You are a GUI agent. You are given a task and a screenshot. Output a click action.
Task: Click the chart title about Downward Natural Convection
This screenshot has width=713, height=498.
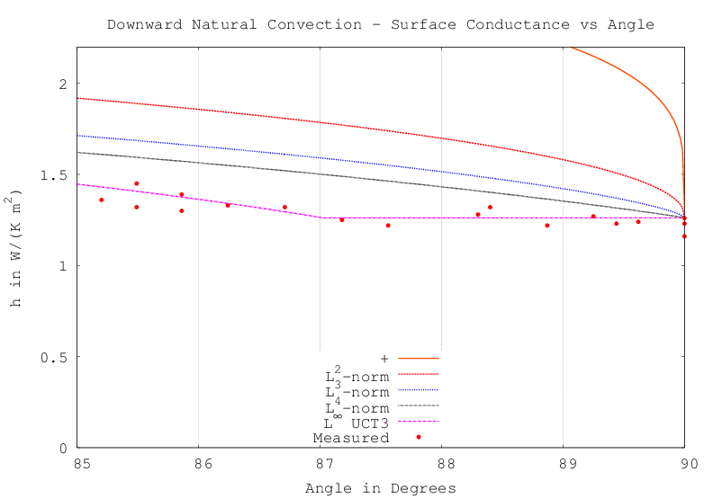pyautogui.click(x=381, y=23)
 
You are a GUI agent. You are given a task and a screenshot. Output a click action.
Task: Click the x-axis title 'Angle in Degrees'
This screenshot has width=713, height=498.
pyautogui.click(x=380, y=488)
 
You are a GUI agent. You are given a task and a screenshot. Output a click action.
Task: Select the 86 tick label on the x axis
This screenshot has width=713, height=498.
pyautogui.click(x=198, y=464)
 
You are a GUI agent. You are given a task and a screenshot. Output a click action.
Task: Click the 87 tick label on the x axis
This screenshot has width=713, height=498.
pyautogui.click(x=320, y=464)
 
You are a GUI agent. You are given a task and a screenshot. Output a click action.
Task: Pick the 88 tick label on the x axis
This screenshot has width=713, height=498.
pyautogui.click(x=441, y=464)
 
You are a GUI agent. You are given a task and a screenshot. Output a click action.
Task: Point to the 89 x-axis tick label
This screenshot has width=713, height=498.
pyautogui.click(x=563, y=464)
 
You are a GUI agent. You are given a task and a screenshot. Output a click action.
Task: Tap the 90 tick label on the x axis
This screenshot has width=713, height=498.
pyautogui.click(x=685, y=464)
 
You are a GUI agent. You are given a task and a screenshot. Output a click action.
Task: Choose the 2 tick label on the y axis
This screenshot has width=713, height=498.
pyautogui.click(x=62, y=84)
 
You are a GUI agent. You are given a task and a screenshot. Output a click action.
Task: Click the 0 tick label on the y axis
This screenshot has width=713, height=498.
pyautogui.click(x=62, y=448)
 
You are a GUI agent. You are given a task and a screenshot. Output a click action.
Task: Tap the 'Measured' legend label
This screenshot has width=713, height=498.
pyautogui.click(x=350, y=438)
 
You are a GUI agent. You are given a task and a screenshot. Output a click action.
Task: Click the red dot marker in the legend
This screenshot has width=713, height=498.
pyautogui.click(x=419, y=437)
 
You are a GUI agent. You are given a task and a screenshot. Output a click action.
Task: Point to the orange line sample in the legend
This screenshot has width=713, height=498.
pyautogui.click(x=418, y=358)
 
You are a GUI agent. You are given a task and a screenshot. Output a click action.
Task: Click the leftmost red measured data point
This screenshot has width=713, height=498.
pyautogui.click(x=101, y=200)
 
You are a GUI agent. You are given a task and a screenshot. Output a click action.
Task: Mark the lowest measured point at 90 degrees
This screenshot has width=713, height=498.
pyautogui.click(x=684, y=236)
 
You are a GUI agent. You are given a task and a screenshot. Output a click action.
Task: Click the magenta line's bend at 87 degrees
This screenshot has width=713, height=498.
pyautogui.click(x=320, y=218)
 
